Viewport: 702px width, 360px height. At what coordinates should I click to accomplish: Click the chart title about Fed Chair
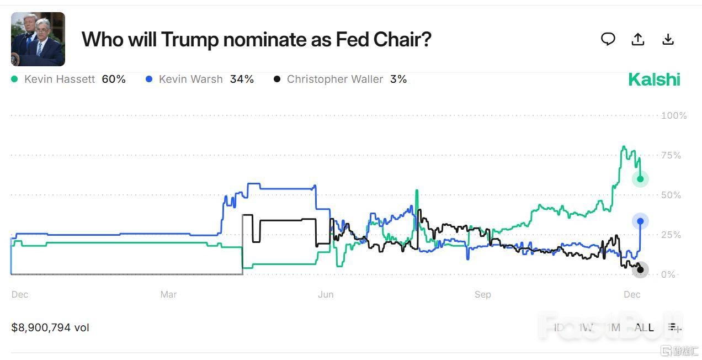click(x=256, y=39)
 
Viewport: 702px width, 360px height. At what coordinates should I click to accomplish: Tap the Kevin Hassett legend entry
click(x=60, y=80)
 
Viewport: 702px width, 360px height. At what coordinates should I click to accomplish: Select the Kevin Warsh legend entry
click(x=190, y=80)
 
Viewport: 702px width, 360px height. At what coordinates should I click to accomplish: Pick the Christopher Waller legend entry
click(x=334, y=80)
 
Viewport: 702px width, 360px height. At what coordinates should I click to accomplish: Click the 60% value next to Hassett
click(x=114, y=80)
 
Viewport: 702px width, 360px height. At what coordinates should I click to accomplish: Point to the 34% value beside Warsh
click(x=242, y=80)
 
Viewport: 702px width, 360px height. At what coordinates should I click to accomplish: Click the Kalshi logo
click(x=654, y=80)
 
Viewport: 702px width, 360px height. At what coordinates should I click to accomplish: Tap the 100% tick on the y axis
click(x=674, y=115)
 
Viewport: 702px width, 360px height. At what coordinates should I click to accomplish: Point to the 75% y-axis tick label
click(x=671, y=155)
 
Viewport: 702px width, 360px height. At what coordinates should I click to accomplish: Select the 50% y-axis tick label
click(x=671, y=195)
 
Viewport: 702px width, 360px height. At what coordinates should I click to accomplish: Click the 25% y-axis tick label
click(x=671, y=235)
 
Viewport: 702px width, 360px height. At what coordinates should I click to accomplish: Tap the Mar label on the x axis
click(x=168, y=294)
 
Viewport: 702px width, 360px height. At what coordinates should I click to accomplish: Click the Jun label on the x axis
click(x=326, y=294)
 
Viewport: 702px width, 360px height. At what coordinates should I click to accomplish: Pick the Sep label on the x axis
click(x=482, y=294)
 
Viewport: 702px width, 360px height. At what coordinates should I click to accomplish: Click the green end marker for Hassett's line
click(x=640, y=179)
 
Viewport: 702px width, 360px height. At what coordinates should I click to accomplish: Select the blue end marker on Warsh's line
click(x=640, y=221)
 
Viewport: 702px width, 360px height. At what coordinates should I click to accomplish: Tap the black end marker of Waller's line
click(x=640, y=270)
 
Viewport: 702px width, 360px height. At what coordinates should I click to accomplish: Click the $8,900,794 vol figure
click(x=50, y=327)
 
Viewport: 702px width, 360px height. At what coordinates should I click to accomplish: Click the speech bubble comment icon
click(x=608, y=39)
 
